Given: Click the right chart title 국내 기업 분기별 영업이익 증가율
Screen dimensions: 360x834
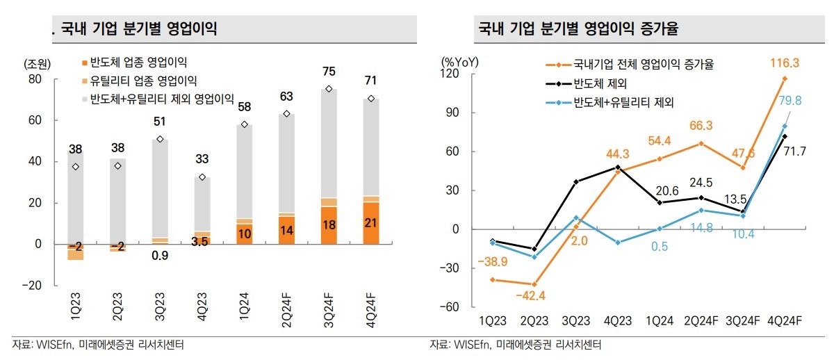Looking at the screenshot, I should point(578,28).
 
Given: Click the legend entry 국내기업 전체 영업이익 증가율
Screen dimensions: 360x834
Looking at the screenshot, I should point(643,65).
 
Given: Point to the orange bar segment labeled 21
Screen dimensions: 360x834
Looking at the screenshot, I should point(371,222).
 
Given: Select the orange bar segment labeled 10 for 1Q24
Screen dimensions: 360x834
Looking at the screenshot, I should point(244,234).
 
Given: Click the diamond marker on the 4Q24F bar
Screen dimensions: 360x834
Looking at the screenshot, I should point(371,99).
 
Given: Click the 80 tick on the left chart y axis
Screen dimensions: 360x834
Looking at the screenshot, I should point(35,79).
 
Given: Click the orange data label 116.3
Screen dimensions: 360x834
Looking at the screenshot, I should point(785,63).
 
